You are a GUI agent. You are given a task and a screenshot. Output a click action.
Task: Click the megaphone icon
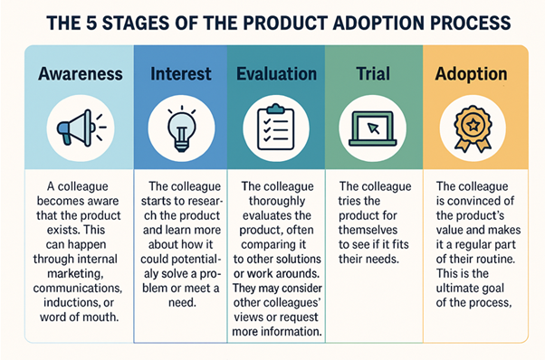79,128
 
